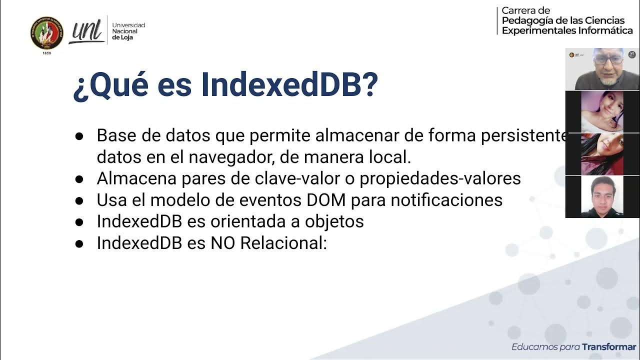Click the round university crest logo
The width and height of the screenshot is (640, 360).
pyautogui.click(x=47, y=33)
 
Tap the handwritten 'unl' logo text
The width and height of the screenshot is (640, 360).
pyautogui.click(x=87, y=31)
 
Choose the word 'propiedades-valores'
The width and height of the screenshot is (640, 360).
pyautogui.click(x=440, y=178)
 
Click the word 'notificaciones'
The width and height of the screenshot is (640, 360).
pyautogui.click(x=446, y=200)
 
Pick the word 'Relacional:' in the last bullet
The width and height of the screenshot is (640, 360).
pyautogui.click(x=283, y=243)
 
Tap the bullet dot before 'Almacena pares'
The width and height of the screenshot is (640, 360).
pyautogui.click(x=79, y=179)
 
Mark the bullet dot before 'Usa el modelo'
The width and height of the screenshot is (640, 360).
pyautogui.click(x=79, y=200)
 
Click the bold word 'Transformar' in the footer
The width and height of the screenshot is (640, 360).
pyautogui.click(x=609, y=347)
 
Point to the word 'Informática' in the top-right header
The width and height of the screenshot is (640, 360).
pyautogui.click(x=605, y=30)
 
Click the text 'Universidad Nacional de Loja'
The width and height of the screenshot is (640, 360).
pyautogui.click(x=128, y=31)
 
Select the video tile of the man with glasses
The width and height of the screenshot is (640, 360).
pyautogui.click(x=602, y=69)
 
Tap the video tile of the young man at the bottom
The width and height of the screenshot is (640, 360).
pyautogui.click(x=602, y=197)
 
